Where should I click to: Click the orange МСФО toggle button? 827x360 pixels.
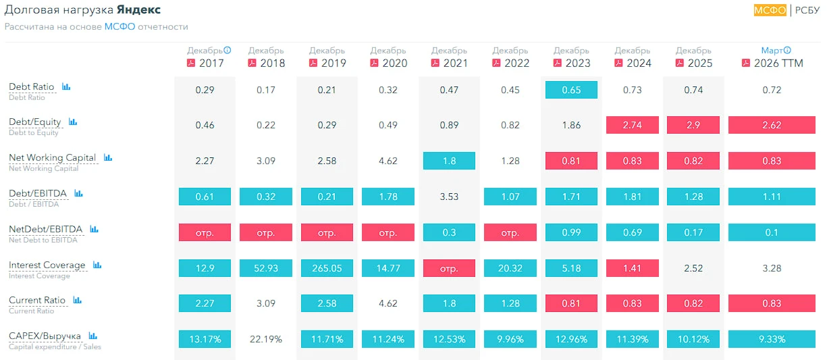(770, 10)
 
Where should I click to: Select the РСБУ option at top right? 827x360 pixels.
(807, 10)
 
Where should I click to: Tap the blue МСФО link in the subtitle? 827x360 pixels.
(119, 26)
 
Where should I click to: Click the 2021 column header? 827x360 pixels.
(450, 57)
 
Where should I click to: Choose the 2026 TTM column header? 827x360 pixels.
(772, 57)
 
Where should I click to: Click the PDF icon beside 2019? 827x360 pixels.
(313, 63)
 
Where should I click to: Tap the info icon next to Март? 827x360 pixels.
(787, 50)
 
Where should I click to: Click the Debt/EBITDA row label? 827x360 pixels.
(38, 193)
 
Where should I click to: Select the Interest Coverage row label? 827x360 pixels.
(47, 265)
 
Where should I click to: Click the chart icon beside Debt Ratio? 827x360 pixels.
(66, 86)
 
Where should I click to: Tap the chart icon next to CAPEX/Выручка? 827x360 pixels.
(92, 336)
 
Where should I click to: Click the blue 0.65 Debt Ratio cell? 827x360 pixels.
(571, 90)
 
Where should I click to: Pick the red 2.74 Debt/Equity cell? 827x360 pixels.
(633, 125)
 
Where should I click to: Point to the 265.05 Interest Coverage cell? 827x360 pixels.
(327, 268)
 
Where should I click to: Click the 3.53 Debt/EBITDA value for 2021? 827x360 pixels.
(449, 197)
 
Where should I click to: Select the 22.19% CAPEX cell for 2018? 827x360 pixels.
(266, 339)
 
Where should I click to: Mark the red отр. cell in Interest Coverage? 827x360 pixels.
(449, 268)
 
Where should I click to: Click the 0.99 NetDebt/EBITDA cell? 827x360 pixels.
(571, 232)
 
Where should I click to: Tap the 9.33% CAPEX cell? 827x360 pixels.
(772, 339)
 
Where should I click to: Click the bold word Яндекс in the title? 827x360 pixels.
(139, 9)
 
